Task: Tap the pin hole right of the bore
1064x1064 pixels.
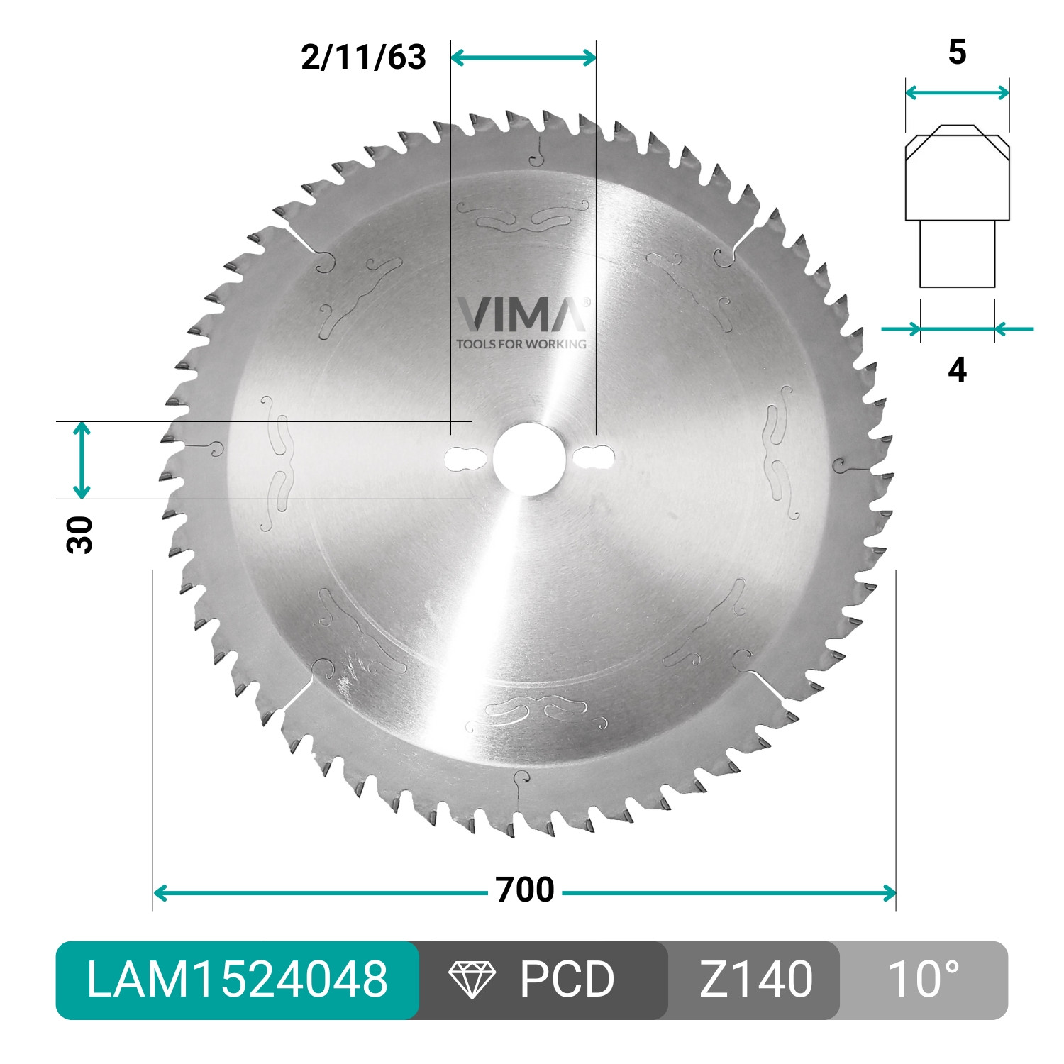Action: [595, 458]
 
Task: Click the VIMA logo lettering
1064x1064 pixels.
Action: [521, 315]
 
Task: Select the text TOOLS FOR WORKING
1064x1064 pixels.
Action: [521, 344]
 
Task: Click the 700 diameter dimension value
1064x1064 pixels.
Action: [525, 890]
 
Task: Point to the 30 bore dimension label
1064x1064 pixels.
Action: [79, 536]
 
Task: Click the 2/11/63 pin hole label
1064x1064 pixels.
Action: [363, 57]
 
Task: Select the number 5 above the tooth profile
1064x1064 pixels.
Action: [957, 53]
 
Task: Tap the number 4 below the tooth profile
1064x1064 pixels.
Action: [957, 370]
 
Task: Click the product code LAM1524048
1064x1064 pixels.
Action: [237, 980]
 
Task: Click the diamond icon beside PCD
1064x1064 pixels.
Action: [472, 980]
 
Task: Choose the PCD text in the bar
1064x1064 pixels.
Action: [566, 980]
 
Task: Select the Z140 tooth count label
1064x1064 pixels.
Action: [755, 980]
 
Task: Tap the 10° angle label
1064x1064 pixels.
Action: [923, 980]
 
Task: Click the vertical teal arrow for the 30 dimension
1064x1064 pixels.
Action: [82, 460]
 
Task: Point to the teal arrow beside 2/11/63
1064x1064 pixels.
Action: [523, 58]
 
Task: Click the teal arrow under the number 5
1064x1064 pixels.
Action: [957, 92]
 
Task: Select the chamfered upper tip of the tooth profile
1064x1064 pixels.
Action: [957, 142]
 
